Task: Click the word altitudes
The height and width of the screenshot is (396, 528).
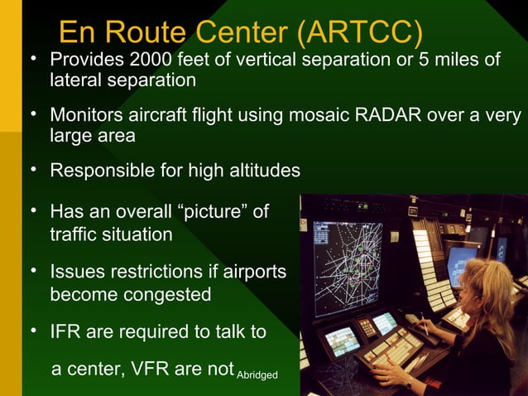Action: click(x=261, y=171)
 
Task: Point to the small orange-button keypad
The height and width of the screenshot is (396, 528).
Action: click(x=365, y=328)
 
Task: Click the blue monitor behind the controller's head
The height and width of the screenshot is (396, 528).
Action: click(x=460, y=264)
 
